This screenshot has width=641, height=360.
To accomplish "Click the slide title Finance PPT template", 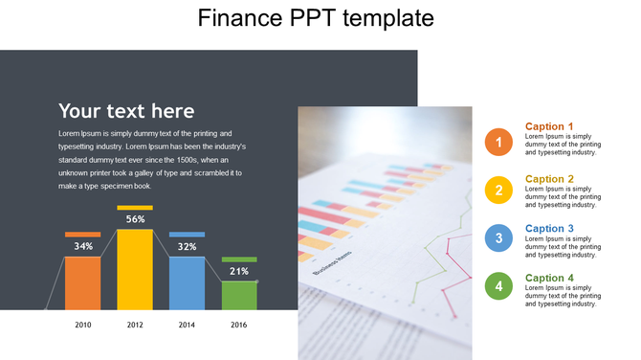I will pos(316,18).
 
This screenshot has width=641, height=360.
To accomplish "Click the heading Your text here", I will pos(126,111).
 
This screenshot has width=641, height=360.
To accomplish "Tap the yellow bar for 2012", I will pos(135,273).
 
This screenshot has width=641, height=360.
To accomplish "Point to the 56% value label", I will pos(135,219).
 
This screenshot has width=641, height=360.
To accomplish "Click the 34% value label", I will pos(83,246).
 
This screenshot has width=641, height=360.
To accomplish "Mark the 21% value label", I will pos(239,271).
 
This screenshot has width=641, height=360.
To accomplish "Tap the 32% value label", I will pos(187,246).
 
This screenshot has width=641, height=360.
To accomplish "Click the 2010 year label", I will pos(83,326).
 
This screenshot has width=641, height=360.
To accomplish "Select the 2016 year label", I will pos(239,326).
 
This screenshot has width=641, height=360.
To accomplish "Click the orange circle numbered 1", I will pos(498,142).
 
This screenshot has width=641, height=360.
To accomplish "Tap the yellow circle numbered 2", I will pos(498,191).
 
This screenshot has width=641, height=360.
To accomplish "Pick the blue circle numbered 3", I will pos(498,238).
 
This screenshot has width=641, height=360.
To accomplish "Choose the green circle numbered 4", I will pos(498,286).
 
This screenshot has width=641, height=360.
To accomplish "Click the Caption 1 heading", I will pos(550,126).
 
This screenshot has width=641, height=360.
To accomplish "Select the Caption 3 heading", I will pos(550,229).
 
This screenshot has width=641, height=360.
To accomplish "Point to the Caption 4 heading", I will pos(550,279).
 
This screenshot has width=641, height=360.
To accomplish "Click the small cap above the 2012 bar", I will pos(135,207).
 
